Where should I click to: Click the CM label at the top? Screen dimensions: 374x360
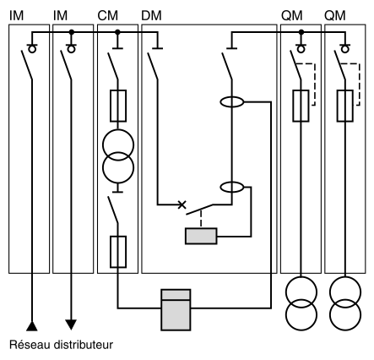pyautogui.click(x=107, y=16)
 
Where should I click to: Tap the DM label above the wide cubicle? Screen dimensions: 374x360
pyautogui.click(x=151, y=16)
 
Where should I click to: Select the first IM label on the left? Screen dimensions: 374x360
pyautogui.click(x=16, y=16)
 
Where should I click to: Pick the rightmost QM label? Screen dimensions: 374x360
pyautogui.click(x=335, y=16)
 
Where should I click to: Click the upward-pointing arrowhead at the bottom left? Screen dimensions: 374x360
pyautogui.click(x=32, y=326)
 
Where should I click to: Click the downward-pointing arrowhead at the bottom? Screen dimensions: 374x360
pyautogui.click(x=71, y=325)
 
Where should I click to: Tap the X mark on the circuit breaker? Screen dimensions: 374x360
pyautogui.click(x=182, y=205)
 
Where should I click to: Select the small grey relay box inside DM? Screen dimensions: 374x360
pyautogui.click(x=201, y=236)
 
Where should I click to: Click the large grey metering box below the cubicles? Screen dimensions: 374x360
pyautogui.click(x=176, y=309)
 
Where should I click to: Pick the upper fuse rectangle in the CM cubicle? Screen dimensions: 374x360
pyautogui.click(x=118, y=106)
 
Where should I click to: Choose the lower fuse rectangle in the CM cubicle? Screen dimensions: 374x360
pyautogui.click(x=118, y=252)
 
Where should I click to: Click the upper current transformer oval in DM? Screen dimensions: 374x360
pyautogui.click(x=232, y=102)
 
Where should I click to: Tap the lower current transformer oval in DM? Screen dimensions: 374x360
pyautogui.click(x=232, y=187)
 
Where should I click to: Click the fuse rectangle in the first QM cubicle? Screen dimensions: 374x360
pyautogui.click(x=301, y=106)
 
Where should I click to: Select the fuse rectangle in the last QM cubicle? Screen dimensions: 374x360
pyautogui.click(x=345, y=106)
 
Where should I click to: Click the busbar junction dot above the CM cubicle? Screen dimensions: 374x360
pyautogui.click(x=117, y=32)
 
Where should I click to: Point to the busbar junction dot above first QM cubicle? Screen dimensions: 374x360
pyautogui.click(x=301, y=32)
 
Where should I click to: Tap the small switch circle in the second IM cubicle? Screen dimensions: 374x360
pyautogui.click(x=72, y=50)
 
